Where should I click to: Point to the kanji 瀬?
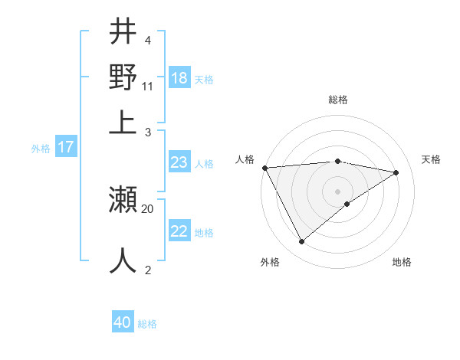[x=123, y=201]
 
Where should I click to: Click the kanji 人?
[x=123, y=260]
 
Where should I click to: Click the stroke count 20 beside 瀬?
[x=148, y=208]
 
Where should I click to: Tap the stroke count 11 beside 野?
[x=148, y=86]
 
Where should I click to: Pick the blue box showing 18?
[x=179, y=78]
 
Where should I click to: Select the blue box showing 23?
[x=179, y=162]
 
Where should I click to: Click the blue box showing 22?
[x=179, y=231]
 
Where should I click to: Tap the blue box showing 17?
[x=65, y=147]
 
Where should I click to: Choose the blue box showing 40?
[x=122, y=322]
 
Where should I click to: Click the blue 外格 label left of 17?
[x=41, y=149]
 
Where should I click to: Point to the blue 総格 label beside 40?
[x=147, y=324]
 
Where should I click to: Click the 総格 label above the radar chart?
[x=338, y=100]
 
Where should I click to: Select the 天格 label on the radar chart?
[x=432, y=159]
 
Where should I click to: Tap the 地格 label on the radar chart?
[x=402, y=263]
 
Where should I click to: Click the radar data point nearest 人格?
[x=264, y=168]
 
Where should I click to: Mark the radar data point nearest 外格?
[x=301, y=242]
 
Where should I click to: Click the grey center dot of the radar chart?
[x=338, y=191]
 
